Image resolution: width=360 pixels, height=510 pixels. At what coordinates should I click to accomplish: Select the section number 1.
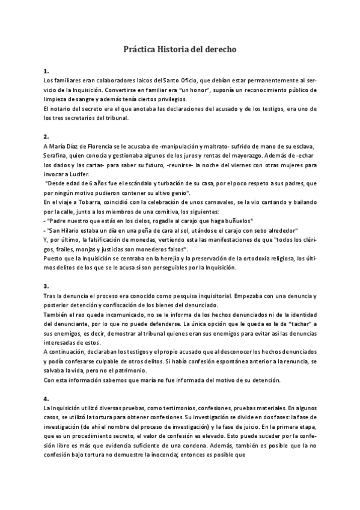46,71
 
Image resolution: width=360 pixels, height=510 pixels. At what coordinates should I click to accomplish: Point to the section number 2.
46,137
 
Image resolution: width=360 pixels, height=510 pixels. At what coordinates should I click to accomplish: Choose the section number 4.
46,399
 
